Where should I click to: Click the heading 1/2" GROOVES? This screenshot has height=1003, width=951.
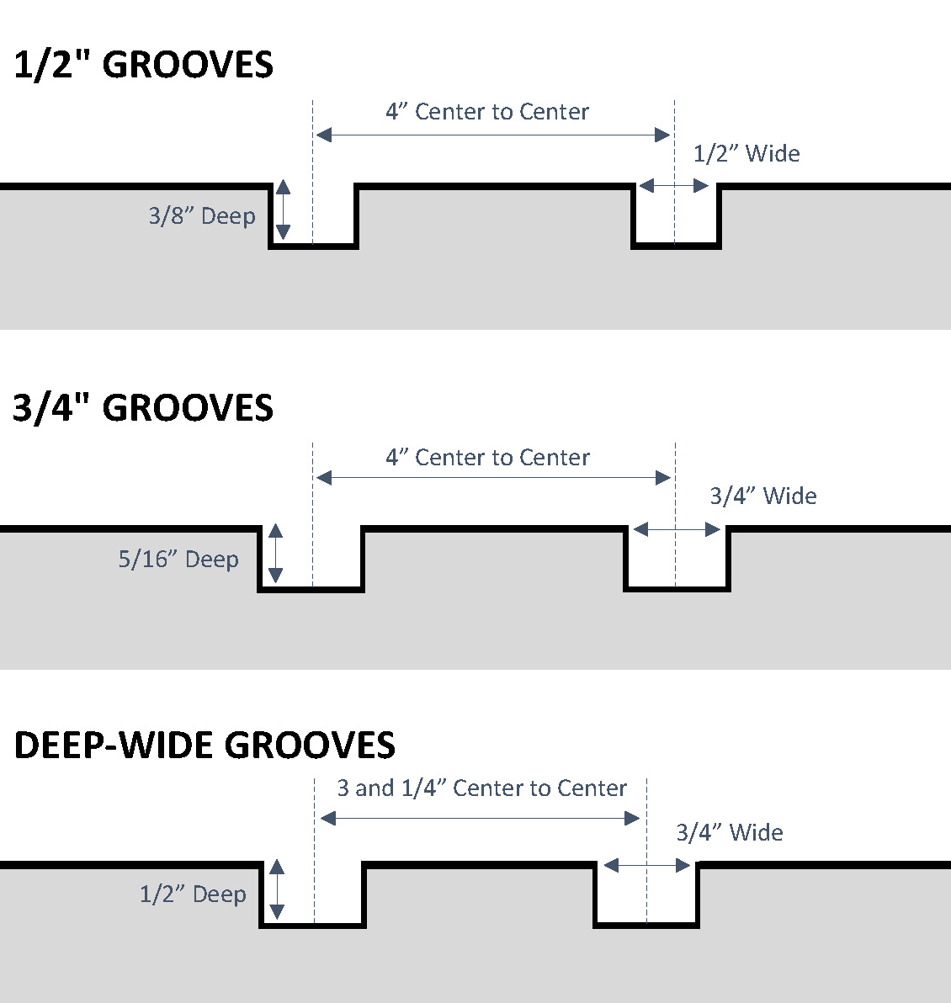143,66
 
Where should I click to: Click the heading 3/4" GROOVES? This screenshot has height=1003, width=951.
143,408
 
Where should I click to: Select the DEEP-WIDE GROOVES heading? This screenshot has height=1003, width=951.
205,746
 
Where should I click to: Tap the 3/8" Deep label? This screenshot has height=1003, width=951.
202,216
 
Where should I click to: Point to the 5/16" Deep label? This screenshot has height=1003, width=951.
178,560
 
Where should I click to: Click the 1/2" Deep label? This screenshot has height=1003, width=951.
193,894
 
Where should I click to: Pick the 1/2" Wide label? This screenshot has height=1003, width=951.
746,154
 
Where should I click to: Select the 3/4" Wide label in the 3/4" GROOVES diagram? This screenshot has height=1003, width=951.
763,496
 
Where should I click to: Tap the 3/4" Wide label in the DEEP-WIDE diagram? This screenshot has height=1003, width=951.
730,833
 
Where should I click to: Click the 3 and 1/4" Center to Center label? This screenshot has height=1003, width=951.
481,788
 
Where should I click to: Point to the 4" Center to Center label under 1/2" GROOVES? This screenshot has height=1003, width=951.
487,112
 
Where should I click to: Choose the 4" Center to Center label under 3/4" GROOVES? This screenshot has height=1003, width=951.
487,458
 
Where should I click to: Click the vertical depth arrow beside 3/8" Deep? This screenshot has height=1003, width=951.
283,210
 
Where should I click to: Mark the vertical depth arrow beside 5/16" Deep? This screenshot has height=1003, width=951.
275,554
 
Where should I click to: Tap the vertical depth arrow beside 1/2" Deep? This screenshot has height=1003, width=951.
276,889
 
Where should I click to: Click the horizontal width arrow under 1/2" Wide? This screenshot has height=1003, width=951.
674,186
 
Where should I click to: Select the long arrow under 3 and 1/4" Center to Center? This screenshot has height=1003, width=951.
480,819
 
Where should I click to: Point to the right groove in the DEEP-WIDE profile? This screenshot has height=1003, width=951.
646,897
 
